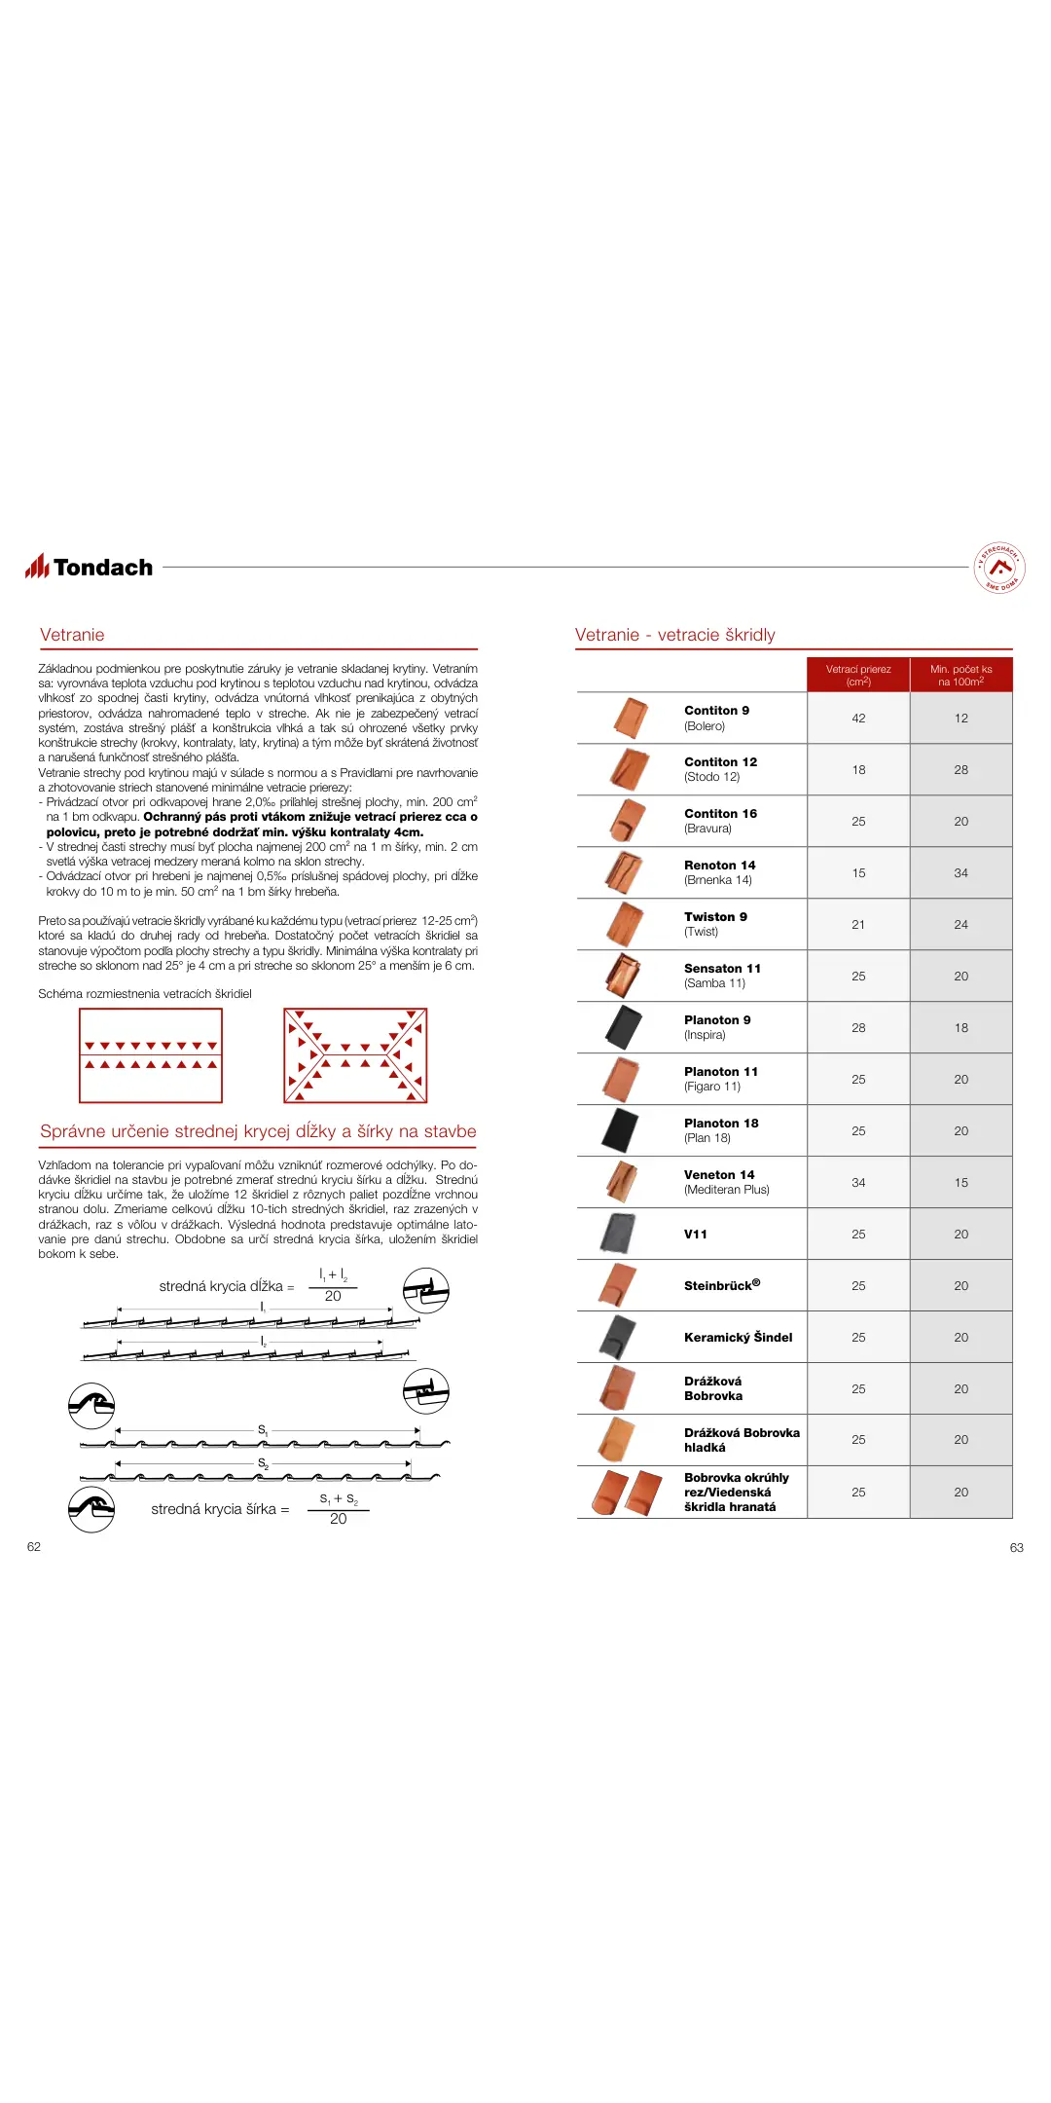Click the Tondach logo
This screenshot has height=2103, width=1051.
pos(90,567)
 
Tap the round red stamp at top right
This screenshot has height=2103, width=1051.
pos(999,568)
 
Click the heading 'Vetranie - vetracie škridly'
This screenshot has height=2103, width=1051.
pos(674,635)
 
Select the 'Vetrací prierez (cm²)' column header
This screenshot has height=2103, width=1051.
pos(858,675)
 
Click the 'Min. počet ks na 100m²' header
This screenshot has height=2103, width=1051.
pos(960,675)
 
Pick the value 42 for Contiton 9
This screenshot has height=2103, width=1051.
pos(858,719)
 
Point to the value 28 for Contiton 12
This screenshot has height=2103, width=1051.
pos(960,770)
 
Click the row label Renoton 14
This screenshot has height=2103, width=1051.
pos(719,866)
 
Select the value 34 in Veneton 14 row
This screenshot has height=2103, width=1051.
pos(858,1183)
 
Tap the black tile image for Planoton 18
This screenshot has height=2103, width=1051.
pos(620,1130)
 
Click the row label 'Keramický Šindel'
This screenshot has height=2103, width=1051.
pos(738,1338)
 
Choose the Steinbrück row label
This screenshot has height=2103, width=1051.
pos(721,1285)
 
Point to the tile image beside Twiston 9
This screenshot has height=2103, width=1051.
pos(626,924)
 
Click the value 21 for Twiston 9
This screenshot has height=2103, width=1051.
pos(858,925)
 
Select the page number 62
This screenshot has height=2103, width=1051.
pos(34,1547)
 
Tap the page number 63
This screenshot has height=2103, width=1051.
pos(1017,1548)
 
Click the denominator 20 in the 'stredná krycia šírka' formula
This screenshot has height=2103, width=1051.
pos(338,1519)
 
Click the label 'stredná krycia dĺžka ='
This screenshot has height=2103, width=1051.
pos(226,1286)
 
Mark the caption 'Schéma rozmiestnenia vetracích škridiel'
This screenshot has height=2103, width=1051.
pos(145,994)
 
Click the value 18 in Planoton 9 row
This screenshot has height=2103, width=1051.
pos(960,1028)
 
